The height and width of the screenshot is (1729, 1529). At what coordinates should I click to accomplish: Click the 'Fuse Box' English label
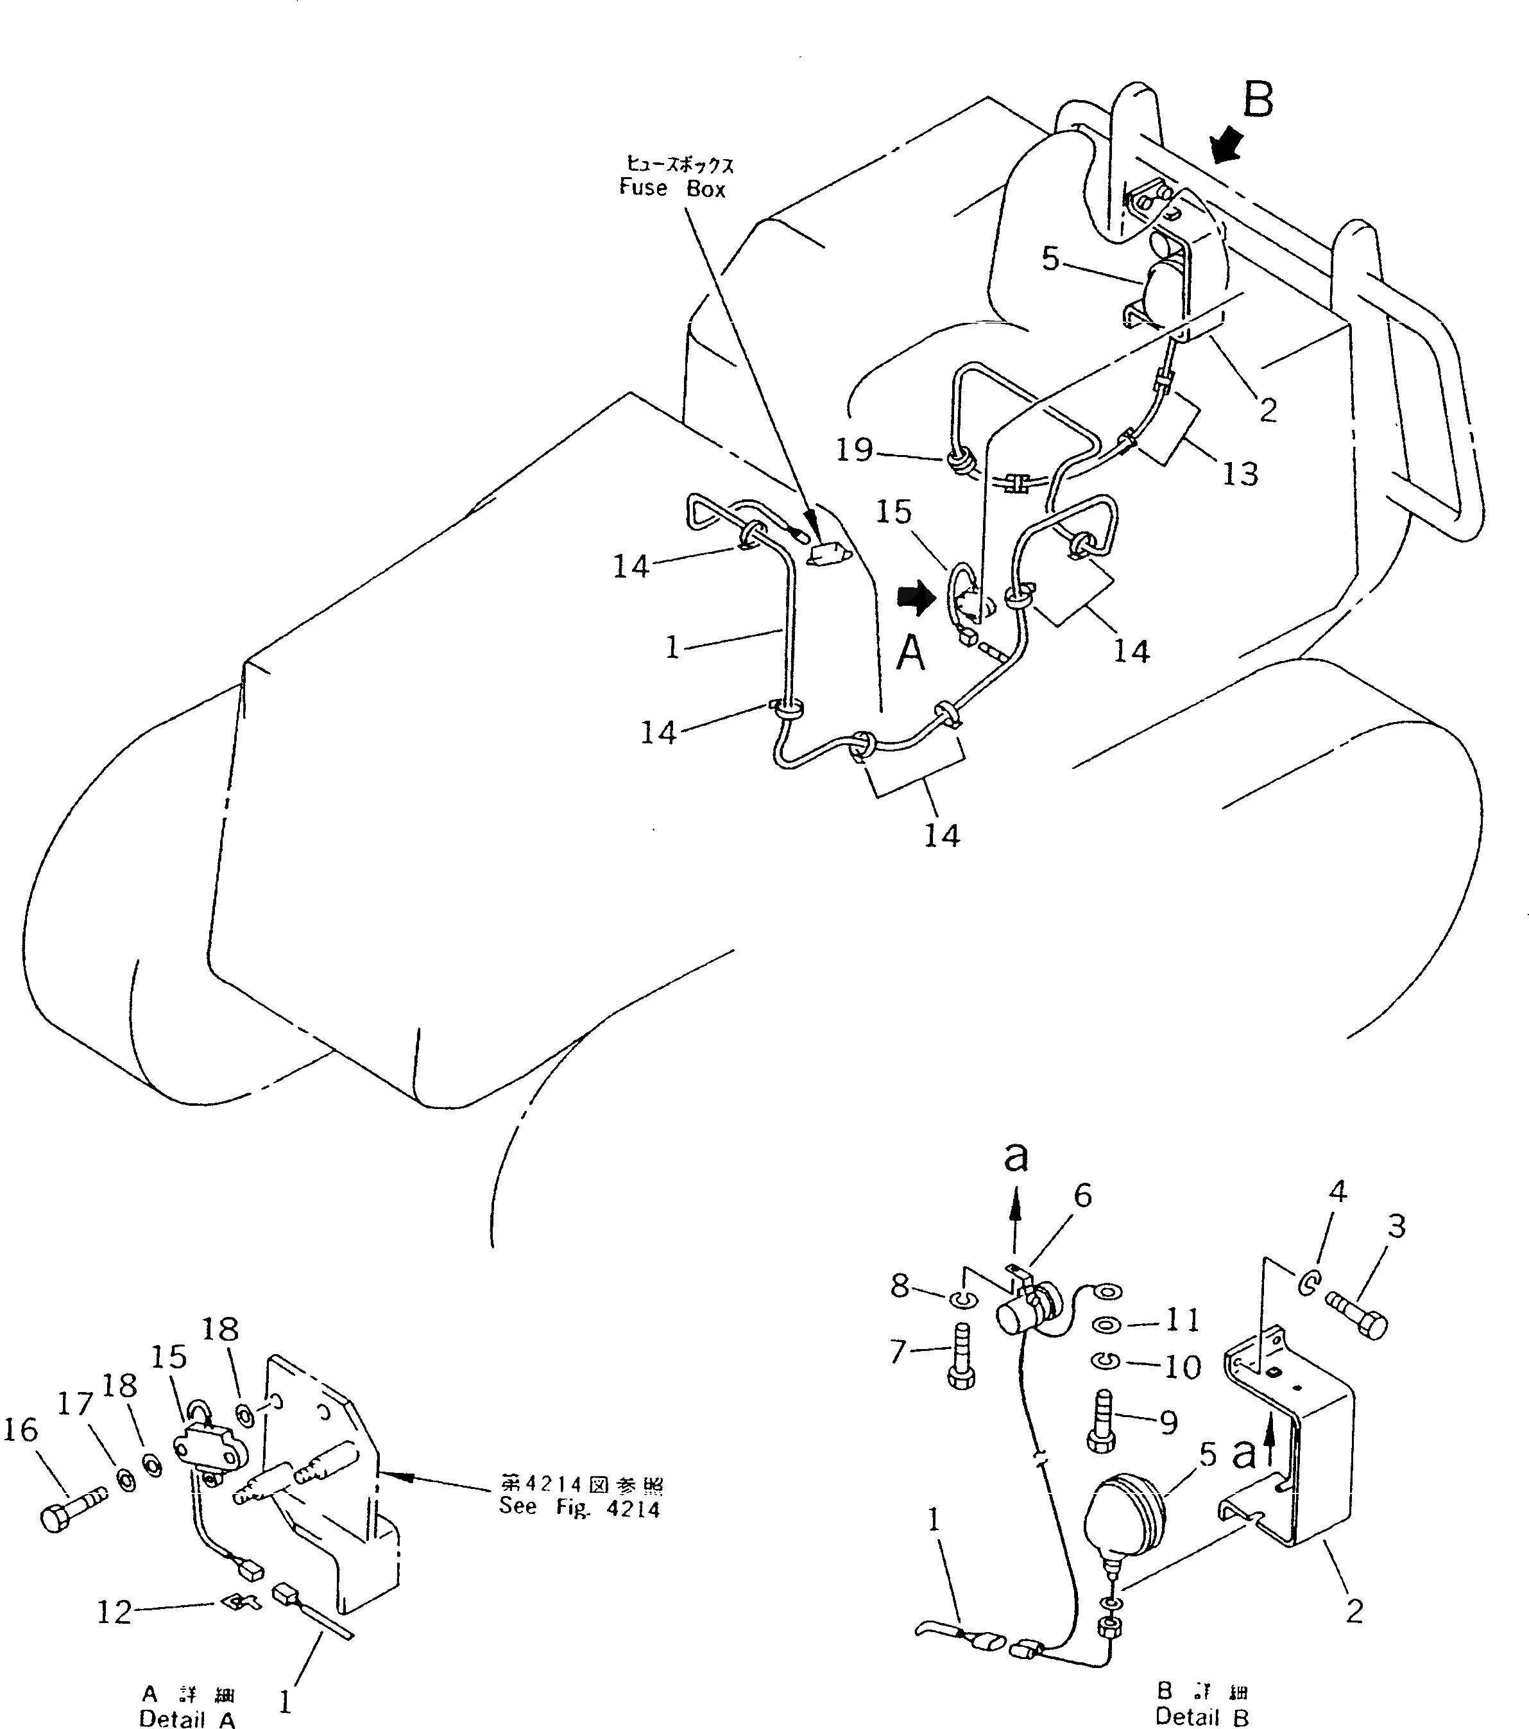tap(672, 188)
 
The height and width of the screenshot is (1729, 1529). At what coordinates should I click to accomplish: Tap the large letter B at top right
tap(1258, 100)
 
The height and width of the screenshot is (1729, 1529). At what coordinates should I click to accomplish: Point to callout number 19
tap(854, 449)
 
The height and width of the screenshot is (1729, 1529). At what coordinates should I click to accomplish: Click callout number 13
tap(1240, 474)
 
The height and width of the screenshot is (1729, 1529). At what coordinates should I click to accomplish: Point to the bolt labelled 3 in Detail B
tap(1356, 1324)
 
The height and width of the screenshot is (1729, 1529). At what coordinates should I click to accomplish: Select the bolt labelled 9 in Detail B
tap(1100, 1424)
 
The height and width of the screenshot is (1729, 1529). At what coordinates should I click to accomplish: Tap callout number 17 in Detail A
tap(74, 1404)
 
